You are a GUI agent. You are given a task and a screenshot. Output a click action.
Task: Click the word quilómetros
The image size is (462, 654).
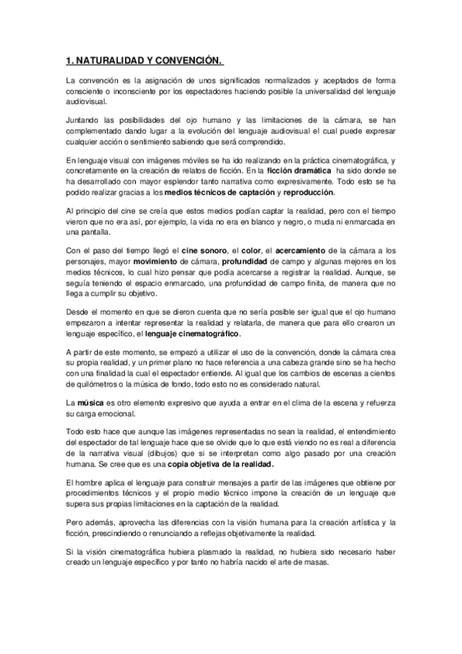point(99,384)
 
